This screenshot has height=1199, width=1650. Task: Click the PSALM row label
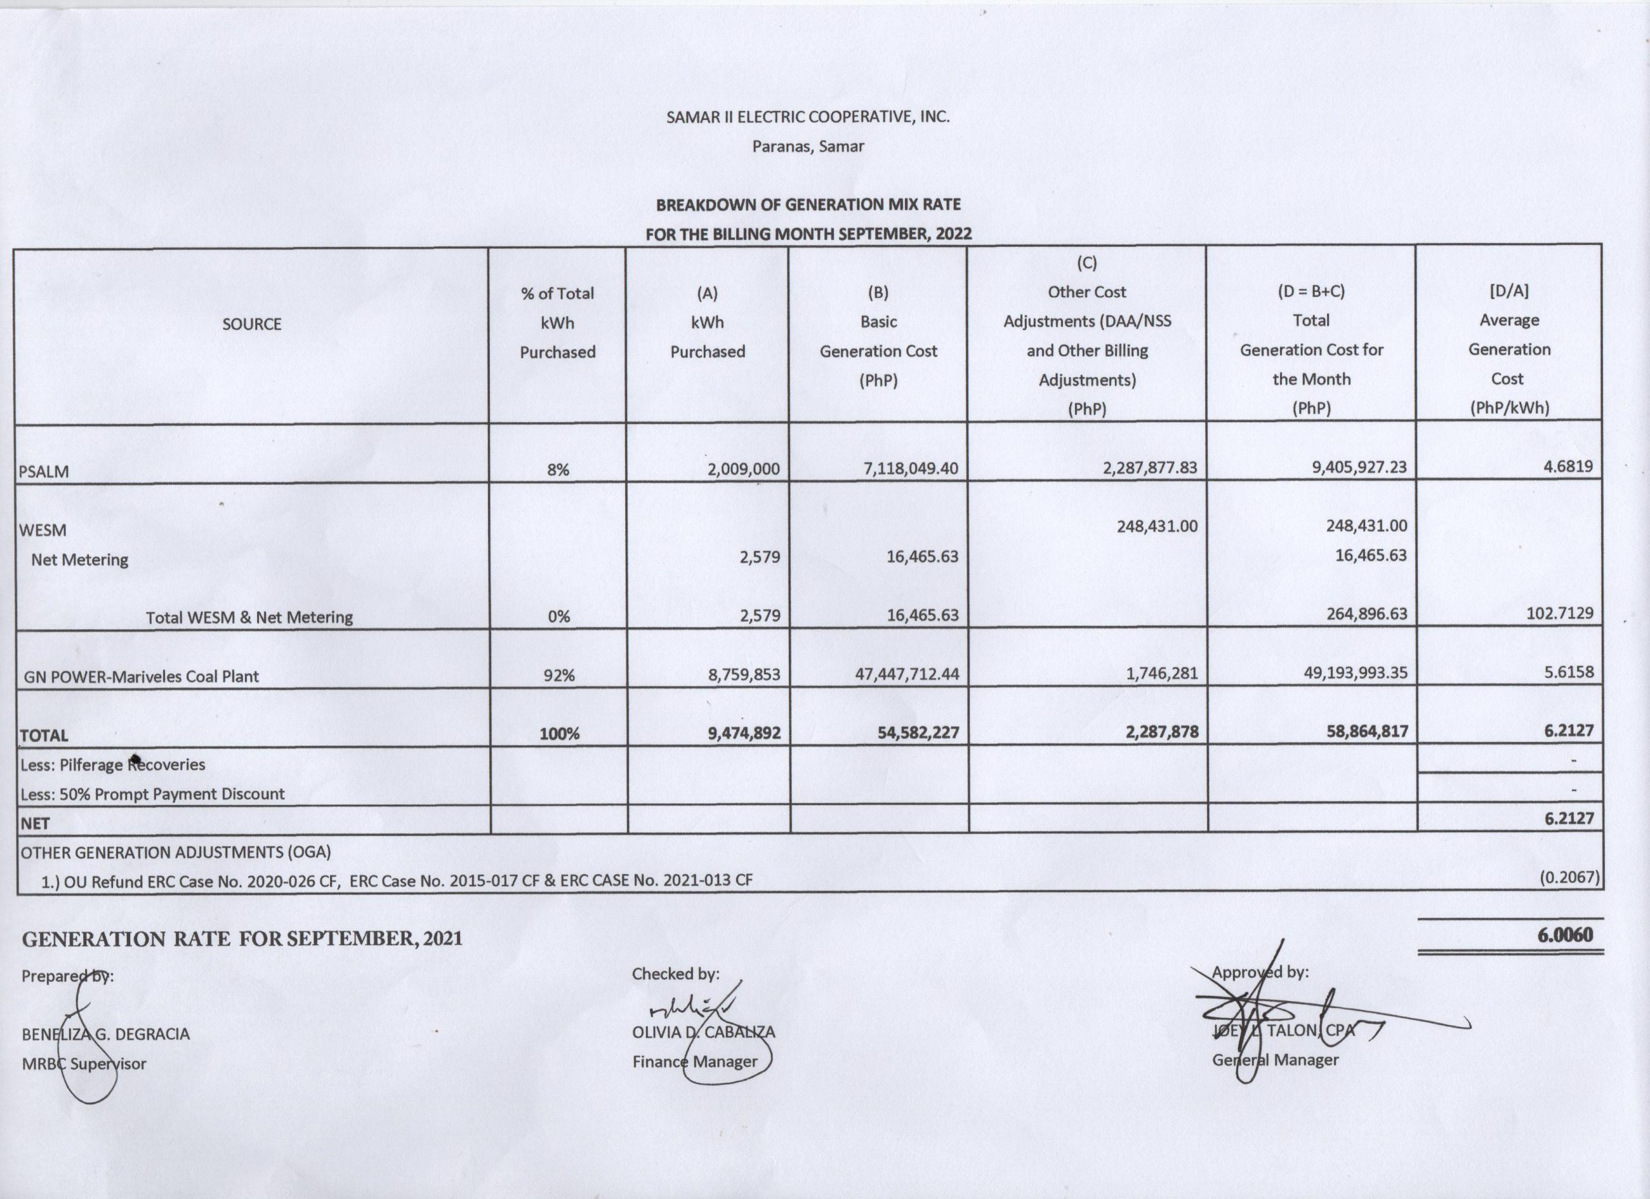click(x=44, y=471)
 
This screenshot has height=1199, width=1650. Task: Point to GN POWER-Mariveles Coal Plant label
click(x=141, y=676)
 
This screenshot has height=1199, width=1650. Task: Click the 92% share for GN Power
click(x=558, y=675)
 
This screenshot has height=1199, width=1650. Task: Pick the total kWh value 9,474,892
click(x=744, y=733)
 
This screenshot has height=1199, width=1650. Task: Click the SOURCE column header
click(x=252, y=324)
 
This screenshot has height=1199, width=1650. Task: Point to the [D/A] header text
click(x=1509, y=290)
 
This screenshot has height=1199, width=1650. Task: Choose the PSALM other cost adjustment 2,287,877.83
click(x=1149, y=467)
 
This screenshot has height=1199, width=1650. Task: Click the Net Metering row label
click(x=79, y=560)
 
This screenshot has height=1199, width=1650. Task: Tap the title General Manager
click(x=1275, y=1060)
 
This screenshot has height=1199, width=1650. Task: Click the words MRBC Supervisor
click(x=84, y=1064)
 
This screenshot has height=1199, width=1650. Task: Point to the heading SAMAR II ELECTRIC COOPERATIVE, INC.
click(x=808, y=117)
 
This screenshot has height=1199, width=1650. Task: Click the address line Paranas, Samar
click(x=808, y=146)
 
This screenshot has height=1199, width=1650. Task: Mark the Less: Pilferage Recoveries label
click(x=113, y=765)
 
